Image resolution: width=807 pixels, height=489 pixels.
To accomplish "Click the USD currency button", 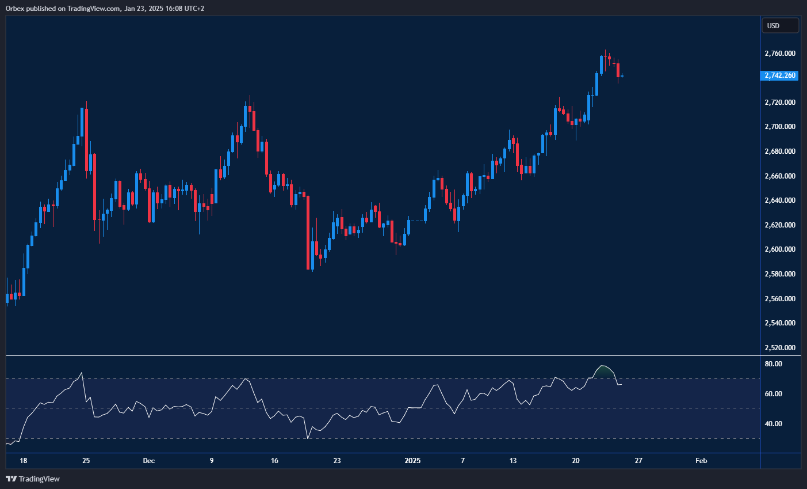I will point(780,25).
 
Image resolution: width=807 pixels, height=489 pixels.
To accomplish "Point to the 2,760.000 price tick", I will point(780,54).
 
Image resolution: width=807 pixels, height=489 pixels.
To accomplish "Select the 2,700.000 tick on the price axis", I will point(780,127).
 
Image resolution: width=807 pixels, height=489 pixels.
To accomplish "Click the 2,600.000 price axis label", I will point(780,249).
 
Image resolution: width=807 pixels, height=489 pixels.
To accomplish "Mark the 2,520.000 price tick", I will point(780,348).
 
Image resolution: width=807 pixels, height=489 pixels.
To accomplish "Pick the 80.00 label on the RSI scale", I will point(774,364).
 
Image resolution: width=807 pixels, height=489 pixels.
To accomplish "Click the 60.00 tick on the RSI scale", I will point(774,394).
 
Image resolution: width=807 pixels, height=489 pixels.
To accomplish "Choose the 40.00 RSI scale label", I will point(774,424).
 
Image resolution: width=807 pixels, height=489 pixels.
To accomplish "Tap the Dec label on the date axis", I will point(149,461).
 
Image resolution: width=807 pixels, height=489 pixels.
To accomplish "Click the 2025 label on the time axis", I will point(412,461).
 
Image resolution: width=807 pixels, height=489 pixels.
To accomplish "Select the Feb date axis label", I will point(701,461).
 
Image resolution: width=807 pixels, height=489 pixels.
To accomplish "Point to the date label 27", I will point(638,461).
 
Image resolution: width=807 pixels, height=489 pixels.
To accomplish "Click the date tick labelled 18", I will point(23,461).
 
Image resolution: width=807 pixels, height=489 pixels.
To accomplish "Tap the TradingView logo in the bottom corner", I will point(33,479).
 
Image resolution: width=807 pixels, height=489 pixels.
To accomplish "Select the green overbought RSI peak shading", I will point(603,372).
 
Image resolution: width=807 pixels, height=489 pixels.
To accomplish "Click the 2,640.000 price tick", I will point(780,200).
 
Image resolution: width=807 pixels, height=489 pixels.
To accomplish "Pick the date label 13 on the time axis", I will point(513,461).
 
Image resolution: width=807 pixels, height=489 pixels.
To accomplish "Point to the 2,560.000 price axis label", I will point(780,299).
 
